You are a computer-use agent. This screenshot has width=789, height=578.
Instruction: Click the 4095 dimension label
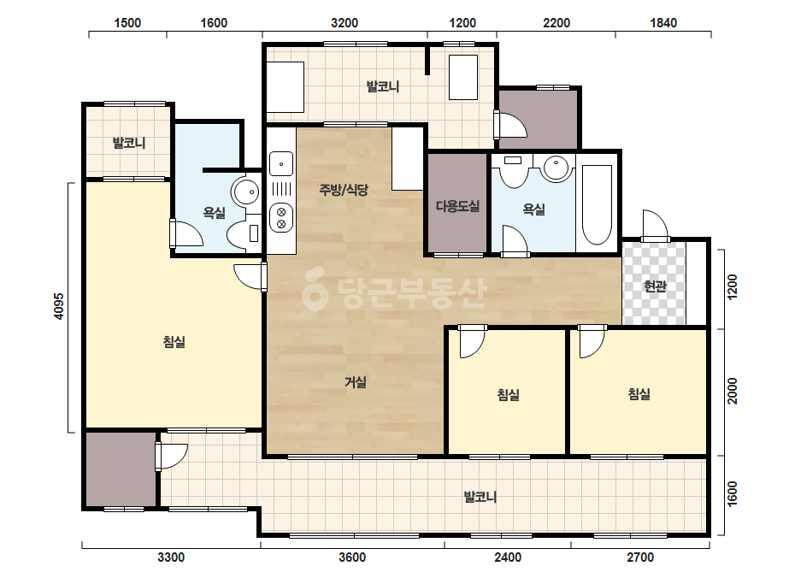[x=59, y=306]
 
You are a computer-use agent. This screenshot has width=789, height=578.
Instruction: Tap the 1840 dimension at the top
[x=663, y=22]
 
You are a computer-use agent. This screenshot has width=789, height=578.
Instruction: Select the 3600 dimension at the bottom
[x=352, y=557]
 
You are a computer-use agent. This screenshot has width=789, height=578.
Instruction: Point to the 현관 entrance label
[x=655, y=286]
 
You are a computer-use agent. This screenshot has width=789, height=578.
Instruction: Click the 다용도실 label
[x=457, y=206]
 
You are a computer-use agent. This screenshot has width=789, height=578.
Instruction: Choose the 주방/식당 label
[x=344, y=189]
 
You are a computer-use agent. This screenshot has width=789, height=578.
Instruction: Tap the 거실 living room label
[x=356, y=382]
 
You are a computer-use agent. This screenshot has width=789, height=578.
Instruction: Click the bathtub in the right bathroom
[x=597, y=203]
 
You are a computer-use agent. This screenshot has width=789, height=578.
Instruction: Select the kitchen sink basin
[x=281, y=164]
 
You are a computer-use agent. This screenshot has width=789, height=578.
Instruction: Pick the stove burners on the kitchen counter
[x=281, y=217]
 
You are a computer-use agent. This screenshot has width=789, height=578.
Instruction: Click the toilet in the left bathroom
[x=243, y=233]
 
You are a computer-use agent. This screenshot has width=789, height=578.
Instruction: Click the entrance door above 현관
[x=655, y=226]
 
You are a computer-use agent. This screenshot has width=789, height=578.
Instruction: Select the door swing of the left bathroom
[x=186, y=233]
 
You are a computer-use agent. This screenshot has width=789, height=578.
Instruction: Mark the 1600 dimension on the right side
[x=732, y=494]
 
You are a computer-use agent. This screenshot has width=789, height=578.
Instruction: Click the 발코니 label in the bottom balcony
[x=480, y=497]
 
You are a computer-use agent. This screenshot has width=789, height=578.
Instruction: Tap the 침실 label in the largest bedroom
[x=174, y=342]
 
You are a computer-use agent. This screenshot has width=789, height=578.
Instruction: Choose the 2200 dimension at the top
[x=556, y=22]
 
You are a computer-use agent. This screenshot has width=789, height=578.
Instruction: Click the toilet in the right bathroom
[x=513, y=171]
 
